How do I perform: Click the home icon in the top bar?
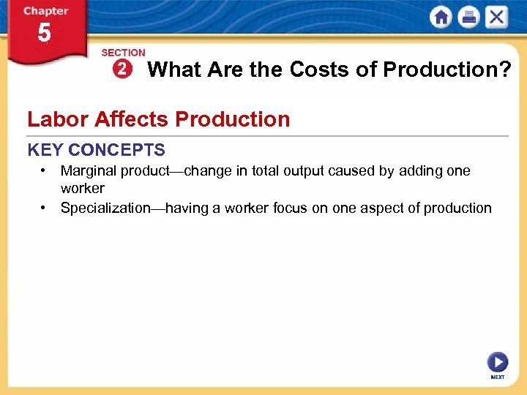tap(441, 18)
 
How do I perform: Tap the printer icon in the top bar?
tap(468, 18)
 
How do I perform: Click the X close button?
tap(496, 18)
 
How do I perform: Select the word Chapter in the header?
tap(45, 11)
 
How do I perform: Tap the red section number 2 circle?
tap(121, 69)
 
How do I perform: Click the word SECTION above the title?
tap(123, 53)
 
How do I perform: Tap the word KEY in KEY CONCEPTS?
tap(45, 151)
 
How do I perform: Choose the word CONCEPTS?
tap(117, 151)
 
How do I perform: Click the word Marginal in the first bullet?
tap(89, 171)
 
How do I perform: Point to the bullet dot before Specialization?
tap(45, 208)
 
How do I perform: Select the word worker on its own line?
tap(82, 189)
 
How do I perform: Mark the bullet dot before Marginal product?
tap(45, 170)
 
